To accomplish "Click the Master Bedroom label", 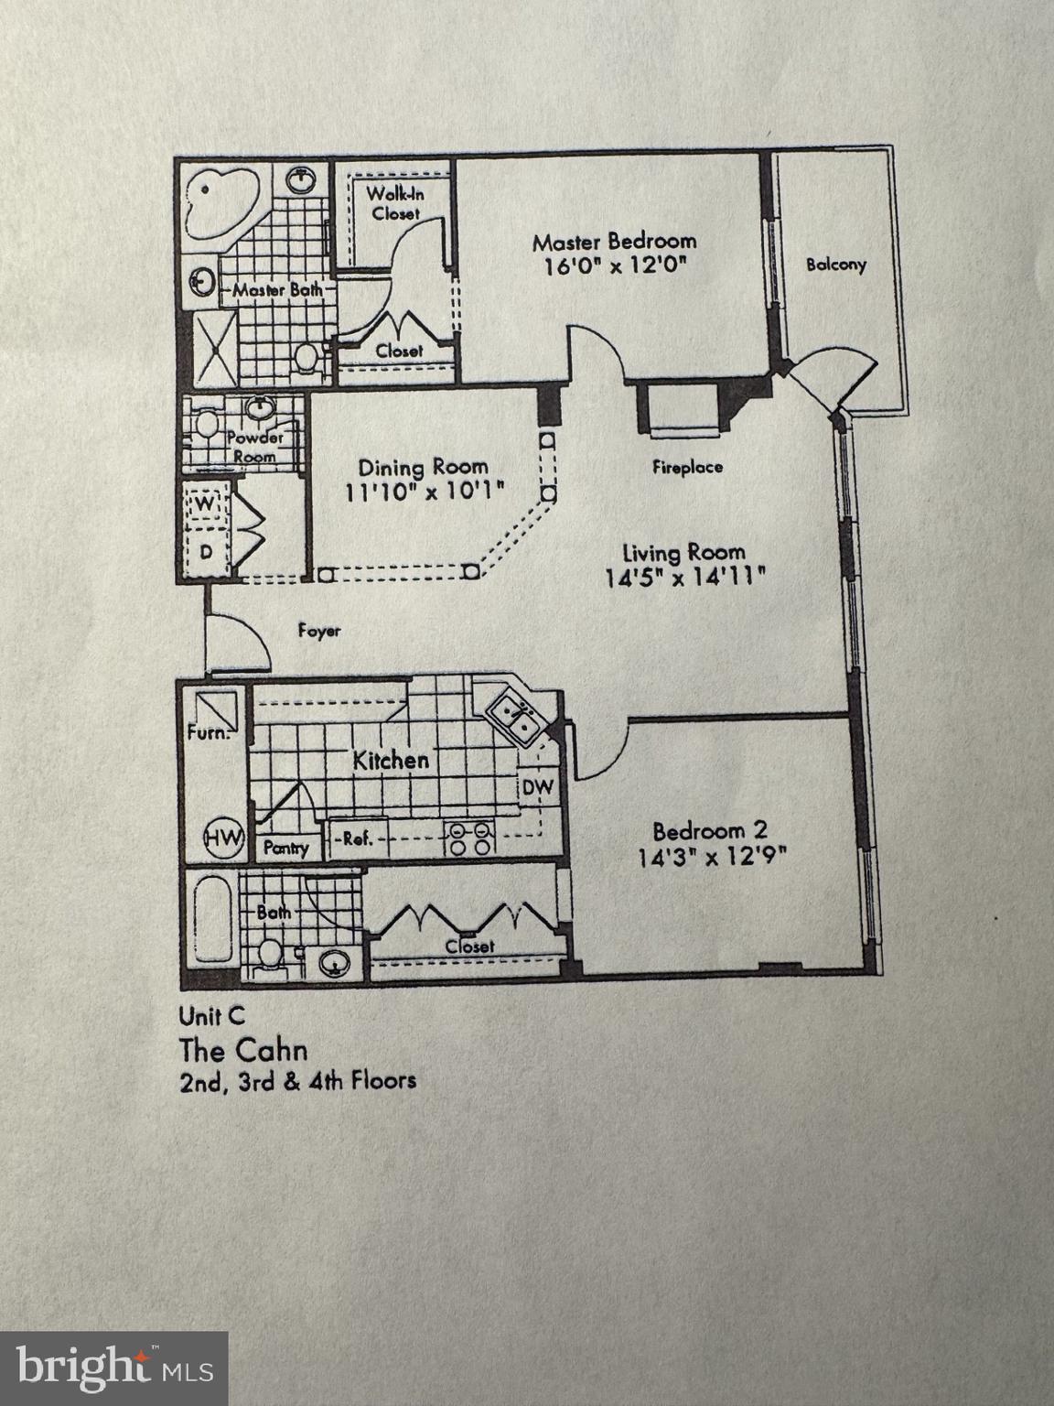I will (x=614, y=242).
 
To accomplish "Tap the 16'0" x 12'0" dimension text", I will (x=614, y=266).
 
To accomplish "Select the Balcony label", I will (x=835, y=265).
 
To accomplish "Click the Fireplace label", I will (x=687, y=467).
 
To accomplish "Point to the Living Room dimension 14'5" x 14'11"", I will (x=684, y=578).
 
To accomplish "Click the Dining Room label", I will (x=423, y=467).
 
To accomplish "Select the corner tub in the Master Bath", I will (x=218, y=202).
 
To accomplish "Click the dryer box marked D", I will (x=206, y=553).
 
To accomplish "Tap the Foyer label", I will (x=319, y=631).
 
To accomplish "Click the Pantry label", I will (x=285, y=849).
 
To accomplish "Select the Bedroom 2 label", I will (x=710, y=831).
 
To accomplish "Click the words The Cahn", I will (x=243, y=1049).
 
